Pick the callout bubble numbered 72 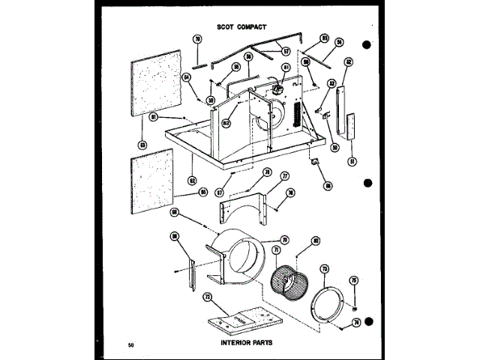point(207,298)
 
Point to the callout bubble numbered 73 point(324,268)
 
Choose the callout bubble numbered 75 point(354,280)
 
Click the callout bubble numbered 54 point(339,43)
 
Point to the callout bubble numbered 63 point(141,144)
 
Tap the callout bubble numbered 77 point(284,177)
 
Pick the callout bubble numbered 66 point(328,185)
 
